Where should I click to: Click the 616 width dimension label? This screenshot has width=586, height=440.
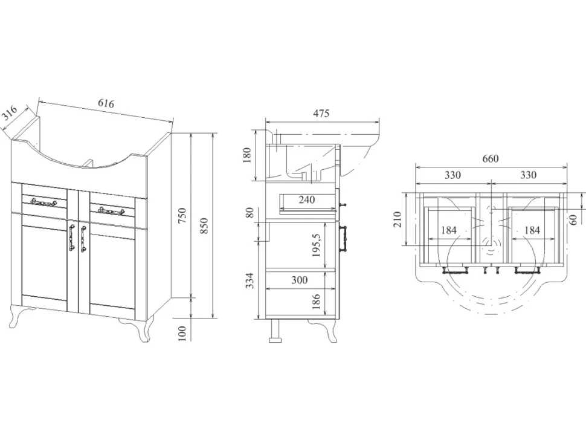click(x=106, y=103)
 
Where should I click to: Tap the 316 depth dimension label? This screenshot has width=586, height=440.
click(x=9, y=113)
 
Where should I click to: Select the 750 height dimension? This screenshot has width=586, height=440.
click(x=182, y=216)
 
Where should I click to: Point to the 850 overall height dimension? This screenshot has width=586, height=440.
click(x=204, y=226)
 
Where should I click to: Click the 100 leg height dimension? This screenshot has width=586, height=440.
click(x=182, y=333)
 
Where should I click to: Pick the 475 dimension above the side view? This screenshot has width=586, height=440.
click(x=321, y=113)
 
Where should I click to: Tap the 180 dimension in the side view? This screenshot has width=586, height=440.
click(x=246, y=155)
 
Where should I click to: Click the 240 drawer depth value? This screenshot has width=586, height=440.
click(x=306, y=199)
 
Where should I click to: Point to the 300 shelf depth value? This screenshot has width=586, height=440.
click(x=300, y=280)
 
